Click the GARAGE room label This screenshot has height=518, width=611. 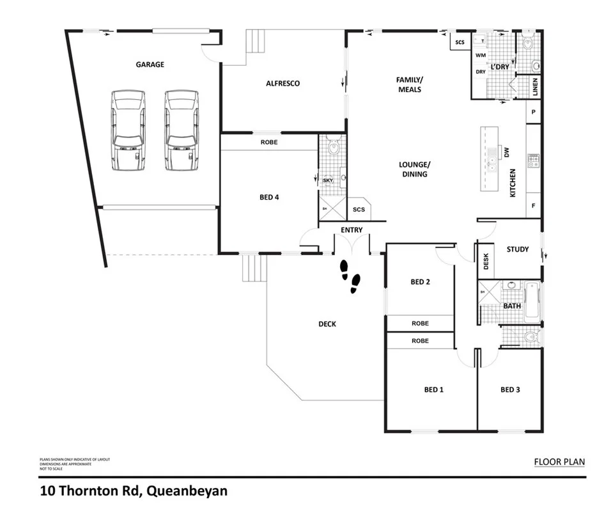point(150,65)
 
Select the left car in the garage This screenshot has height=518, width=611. point(128,130)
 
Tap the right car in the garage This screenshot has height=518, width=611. point(181,130)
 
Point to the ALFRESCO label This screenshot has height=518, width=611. point(282,83)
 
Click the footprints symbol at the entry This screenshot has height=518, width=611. point(349,275)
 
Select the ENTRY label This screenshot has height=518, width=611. point(352,230)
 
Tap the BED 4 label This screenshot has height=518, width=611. point(269,197)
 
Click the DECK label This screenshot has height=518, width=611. point(327,324)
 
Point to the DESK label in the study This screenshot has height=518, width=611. point(486,262)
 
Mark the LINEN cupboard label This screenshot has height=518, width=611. point(535,88)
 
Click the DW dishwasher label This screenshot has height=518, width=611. point(506,152)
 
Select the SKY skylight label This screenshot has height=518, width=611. point(328,181)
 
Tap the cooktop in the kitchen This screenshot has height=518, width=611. point(532,161)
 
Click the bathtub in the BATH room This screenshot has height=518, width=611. point(532,300)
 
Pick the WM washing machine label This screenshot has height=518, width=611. point(481,56)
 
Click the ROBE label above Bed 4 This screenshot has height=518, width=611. point(269,142)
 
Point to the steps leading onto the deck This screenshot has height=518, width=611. point(252,267)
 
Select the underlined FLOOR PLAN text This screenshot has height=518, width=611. point(559,462)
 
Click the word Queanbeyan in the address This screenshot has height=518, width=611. point(187,492)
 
